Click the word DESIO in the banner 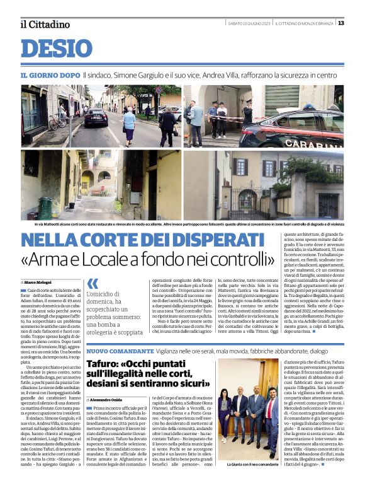56,49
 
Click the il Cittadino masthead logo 44,24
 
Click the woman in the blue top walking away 128,124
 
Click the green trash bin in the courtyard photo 45,207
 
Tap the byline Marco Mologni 40,281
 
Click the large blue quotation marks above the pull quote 93,284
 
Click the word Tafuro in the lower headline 103,365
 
